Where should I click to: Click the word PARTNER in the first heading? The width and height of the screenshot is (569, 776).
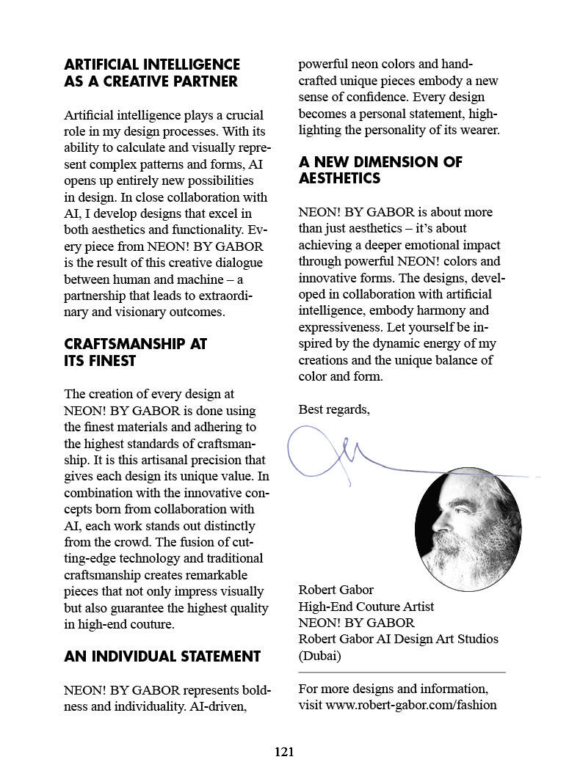pyautogui.click(x=201, y=81)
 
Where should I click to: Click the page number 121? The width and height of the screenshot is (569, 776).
pyautogui.click(x=284, y=751)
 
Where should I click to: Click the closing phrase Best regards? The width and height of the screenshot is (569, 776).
pyautogui.click(x=334, y=409)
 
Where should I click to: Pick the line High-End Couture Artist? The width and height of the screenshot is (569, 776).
pyautogui.click(x=366, y=607)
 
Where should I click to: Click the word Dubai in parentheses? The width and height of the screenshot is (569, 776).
pyautogui.click(x=319, y=656)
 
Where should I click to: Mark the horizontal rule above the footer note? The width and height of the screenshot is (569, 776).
pyautogui.click(x=402, y=672)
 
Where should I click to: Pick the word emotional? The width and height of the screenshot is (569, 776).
pyautogui.click(x=416, y=244)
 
